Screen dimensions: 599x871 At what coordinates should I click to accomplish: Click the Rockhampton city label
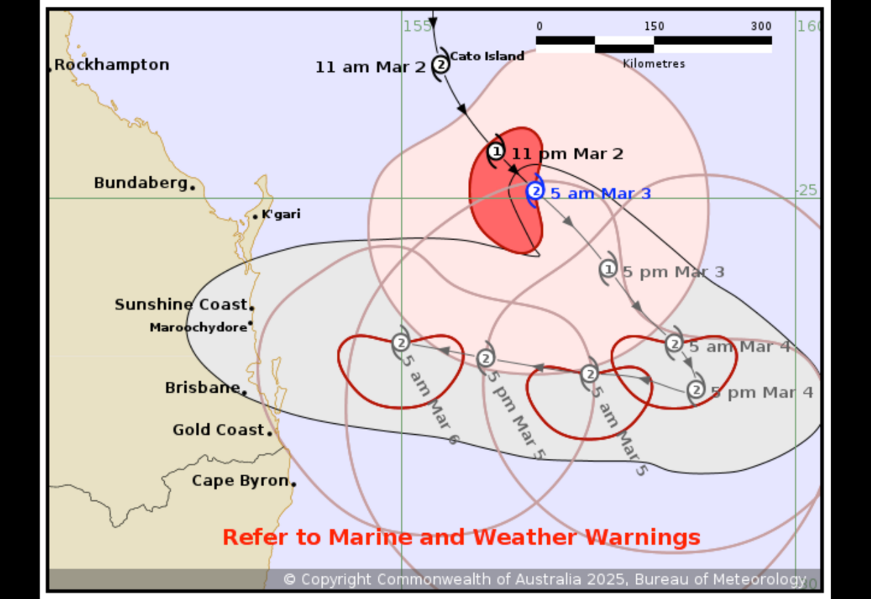click(x=112, y=65)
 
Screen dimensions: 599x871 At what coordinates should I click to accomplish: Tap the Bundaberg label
click(x=141, y=183)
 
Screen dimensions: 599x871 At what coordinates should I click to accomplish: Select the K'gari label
click(x=281, y=214)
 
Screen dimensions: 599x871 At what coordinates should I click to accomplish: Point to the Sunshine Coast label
click(x=181, y=305)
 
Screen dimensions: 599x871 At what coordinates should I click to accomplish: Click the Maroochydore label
click(x=198, y=327)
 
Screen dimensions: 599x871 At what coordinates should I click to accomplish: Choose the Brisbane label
click(x=203, y=388)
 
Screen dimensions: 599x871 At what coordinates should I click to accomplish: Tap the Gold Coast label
click(x=218, y=430)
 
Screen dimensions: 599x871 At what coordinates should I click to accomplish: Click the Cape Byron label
click(x=240, y=481)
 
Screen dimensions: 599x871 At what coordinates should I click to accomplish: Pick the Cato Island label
click(x=487, y=56)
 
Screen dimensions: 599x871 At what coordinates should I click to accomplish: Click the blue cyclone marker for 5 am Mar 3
click(x=535, y=191)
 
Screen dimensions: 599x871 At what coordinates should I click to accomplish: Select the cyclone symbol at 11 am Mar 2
click(x=441, y=65)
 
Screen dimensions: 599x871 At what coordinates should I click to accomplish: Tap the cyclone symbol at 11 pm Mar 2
click(x=496, y=152)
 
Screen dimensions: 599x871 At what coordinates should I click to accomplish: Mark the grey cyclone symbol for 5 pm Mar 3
click(x=608, y=269)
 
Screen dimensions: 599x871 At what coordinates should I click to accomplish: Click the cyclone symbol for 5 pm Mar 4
click(x=695, y=391)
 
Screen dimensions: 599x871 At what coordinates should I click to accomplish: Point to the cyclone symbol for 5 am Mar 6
click(x=401, y=342)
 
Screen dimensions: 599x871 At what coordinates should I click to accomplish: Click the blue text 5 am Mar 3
click(x=600, y=194)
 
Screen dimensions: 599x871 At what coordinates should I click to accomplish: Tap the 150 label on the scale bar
click(x=654, y=26)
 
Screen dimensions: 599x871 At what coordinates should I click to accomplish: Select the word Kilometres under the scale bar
click(x=653, y=63)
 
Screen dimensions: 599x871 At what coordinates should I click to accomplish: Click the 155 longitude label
click(x=417, y=26)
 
